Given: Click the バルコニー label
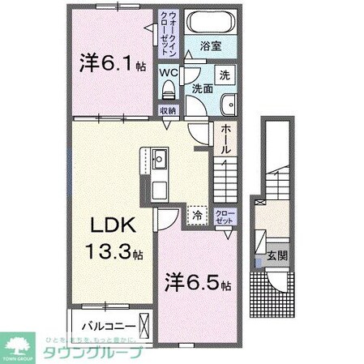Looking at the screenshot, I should [102, 328].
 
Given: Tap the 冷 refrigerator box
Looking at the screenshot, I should [198, 216].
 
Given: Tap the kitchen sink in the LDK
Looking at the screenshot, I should [158, 157].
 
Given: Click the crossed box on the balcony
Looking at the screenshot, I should [143, 325].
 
